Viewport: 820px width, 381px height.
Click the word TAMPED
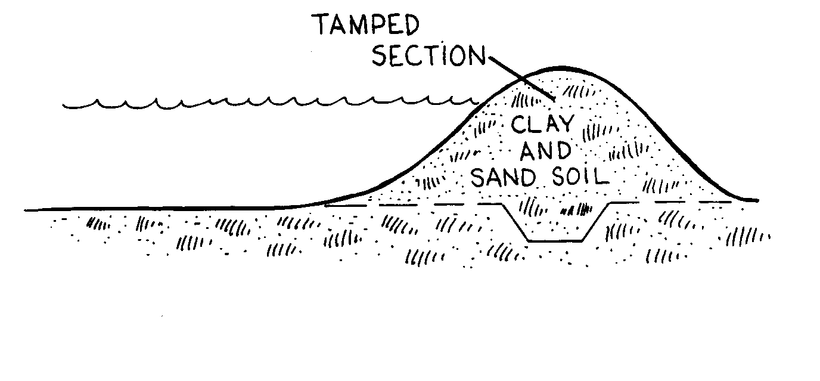[x=365, y=27]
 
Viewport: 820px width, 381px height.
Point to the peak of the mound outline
[x=560, y=67]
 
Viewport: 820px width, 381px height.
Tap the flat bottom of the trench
[x=556, y=241]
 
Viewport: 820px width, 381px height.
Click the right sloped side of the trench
[x=596, y=222]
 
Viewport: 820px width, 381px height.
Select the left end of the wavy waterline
[x=65, y=106]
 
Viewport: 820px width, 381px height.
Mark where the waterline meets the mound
[x=480, y=102]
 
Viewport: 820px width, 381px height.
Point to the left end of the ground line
[x=27, y=210]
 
